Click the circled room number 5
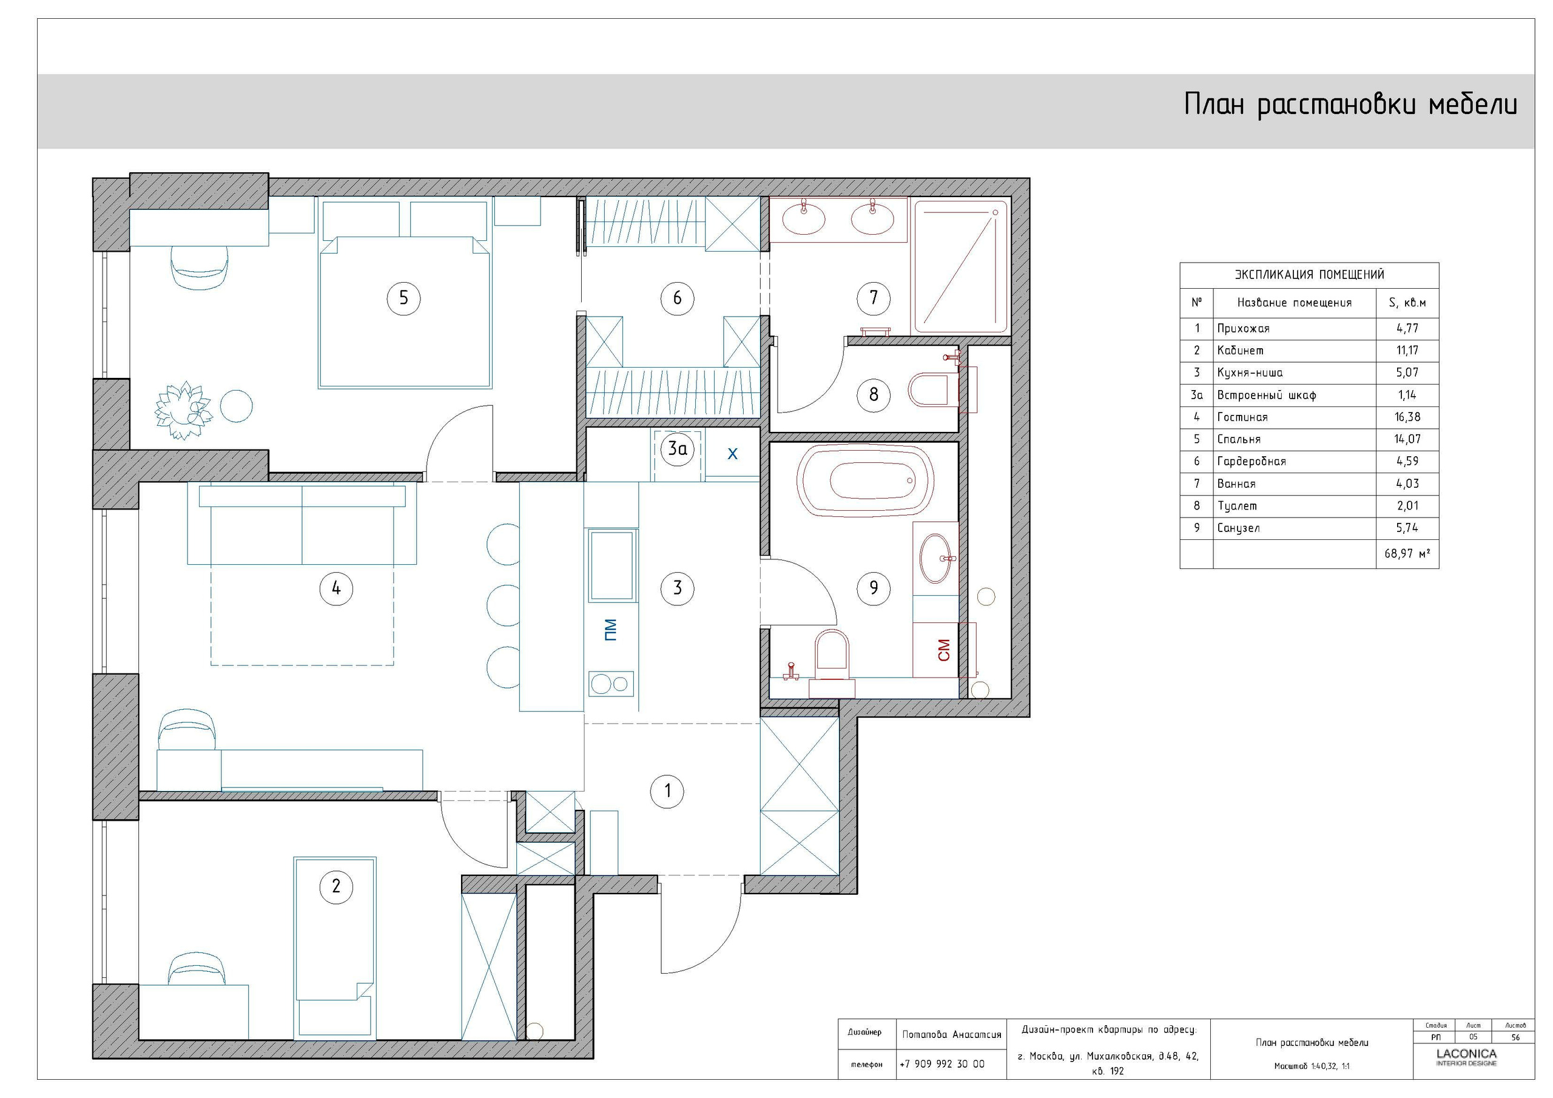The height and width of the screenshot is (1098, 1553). pyautogui.click(x=403, y=298)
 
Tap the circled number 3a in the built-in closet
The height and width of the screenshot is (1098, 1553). pyautogui.click(x=677, y=448)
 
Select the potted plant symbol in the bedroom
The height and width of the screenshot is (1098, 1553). pyautogui.click(x=183, y=410)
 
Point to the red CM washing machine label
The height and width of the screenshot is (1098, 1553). pyautogui.click(x=945, y=650)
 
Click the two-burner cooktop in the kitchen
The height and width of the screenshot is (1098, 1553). pyautogui.click(x=611, y=684)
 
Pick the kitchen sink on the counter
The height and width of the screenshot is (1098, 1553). pyautogui.click(x=611, y=565)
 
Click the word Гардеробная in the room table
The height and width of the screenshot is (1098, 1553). pyautogui.click(x=1251, y=462)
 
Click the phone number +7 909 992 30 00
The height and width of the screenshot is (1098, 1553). pyautogui.click(x=942, y=1064)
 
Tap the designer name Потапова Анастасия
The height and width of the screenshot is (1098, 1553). pyautogui.click(x=951, y=1034)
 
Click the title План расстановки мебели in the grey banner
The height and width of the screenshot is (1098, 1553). pyautogui.click(x=1350, y=106)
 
